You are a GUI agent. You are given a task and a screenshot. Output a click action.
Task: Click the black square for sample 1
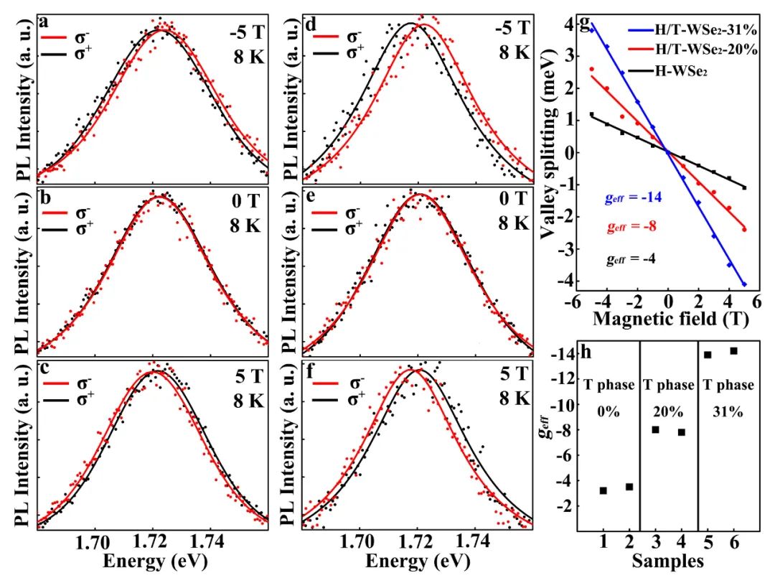pos(603,490)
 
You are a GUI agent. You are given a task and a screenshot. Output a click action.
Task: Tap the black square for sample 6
pos(733,350)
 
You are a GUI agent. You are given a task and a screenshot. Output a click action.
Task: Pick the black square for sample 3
pos(655,429)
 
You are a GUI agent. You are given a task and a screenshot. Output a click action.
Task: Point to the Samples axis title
pos(669,559)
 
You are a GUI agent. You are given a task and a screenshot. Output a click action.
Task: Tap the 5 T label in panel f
pos(514,374)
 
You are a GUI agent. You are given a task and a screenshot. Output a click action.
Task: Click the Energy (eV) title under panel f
pos(416,560)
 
